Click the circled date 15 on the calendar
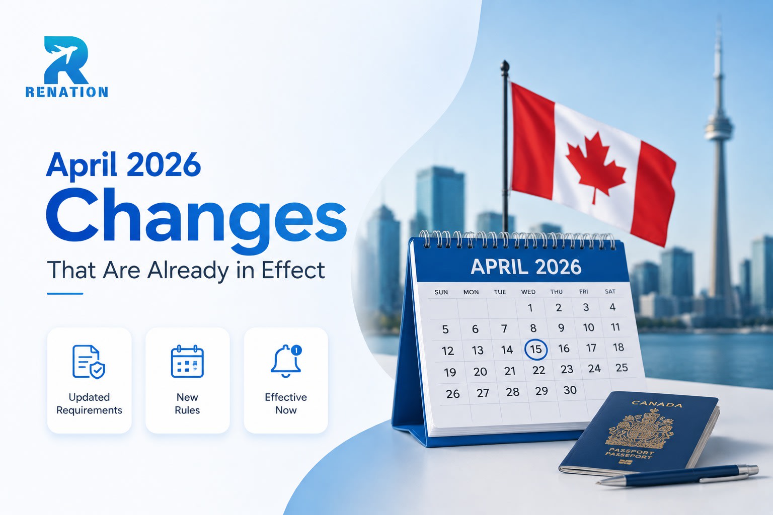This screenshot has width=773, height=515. click(535, 350)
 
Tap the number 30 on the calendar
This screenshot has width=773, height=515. click(570, 390)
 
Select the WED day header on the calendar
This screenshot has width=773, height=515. click(528, 292)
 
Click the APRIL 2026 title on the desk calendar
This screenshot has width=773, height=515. click(526, 267)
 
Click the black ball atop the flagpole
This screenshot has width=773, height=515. click(505, 65)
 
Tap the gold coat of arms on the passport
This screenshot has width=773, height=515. click(639, 430)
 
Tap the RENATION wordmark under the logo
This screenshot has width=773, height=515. click(66, 92)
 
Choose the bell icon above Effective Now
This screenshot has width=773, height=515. click(286, 361)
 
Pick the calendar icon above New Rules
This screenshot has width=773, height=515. click(187, 361)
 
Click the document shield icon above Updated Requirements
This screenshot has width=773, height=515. click(89, 362)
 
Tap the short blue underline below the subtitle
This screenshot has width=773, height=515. click(65, 294)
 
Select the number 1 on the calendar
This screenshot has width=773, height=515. click(530, 308)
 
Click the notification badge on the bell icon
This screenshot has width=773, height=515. click(296, 350)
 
